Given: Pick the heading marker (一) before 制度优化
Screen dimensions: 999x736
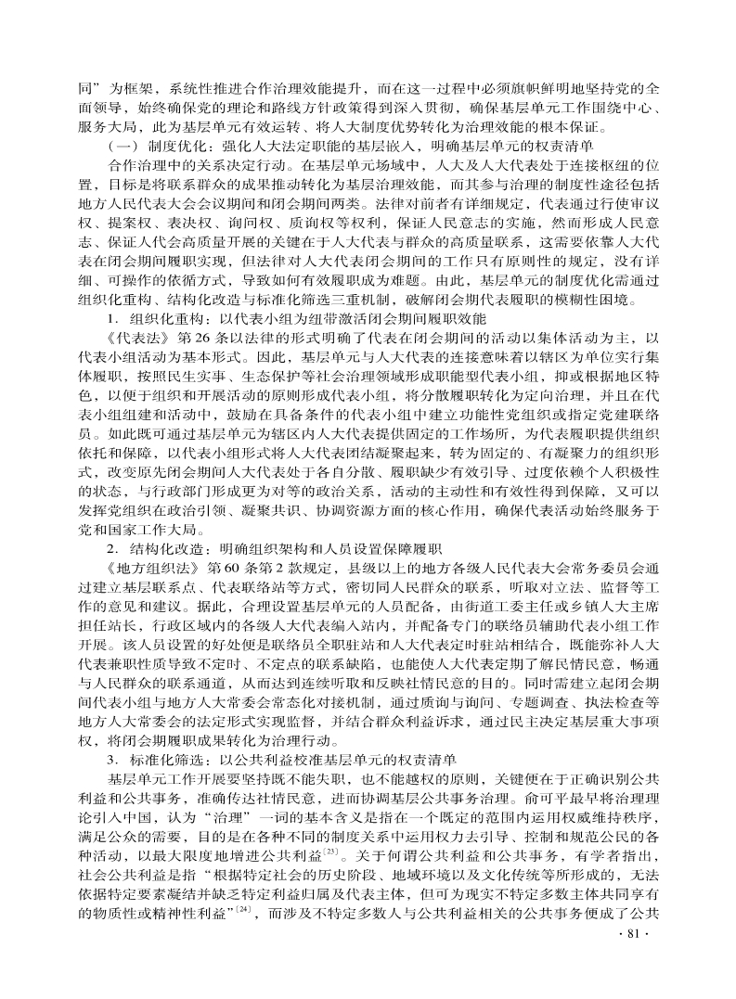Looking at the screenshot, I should tap(124, 147).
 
